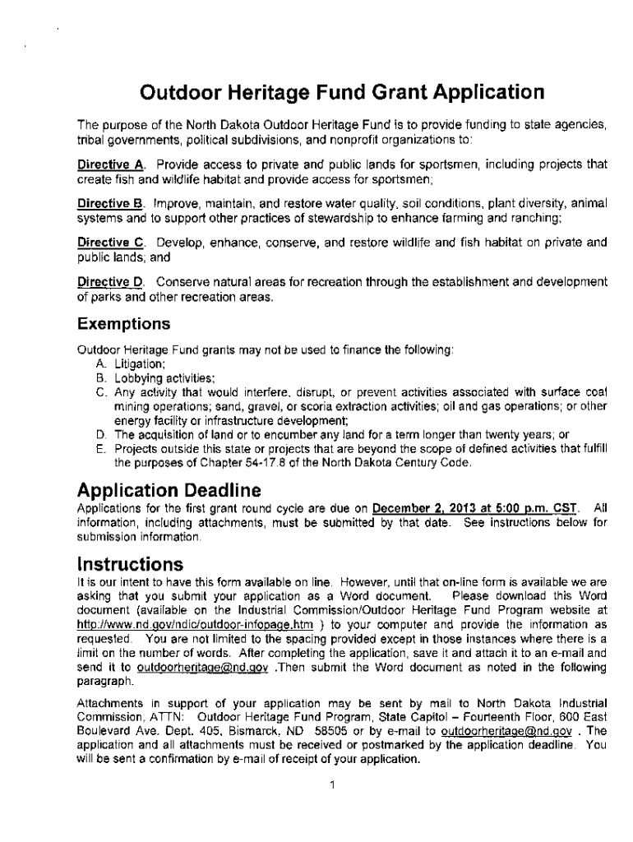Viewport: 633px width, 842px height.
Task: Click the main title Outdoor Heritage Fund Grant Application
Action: point(342,91)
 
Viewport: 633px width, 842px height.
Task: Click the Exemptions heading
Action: point(123,322)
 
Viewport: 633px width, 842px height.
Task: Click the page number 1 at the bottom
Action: point(330,784)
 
